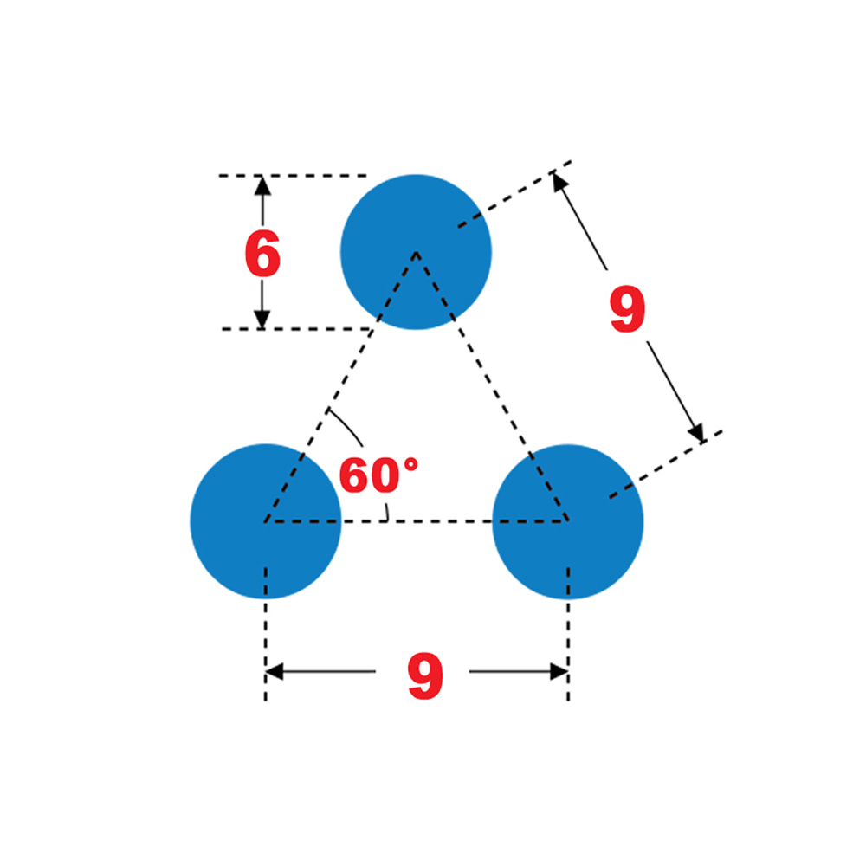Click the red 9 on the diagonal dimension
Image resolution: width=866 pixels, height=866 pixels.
pos(628,310)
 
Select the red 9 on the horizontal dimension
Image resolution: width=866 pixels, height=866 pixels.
pos(425,676)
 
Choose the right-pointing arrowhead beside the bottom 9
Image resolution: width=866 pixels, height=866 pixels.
pos(558,671)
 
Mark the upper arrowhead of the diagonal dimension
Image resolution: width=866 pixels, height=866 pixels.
pos(559,181)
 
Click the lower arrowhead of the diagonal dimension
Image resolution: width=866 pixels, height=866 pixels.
pos(696,432)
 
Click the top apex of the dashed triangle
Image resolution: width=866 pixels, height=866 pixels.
pos(417,252)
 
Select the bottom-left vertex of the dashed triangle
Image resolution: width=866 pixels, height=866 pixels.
pos(265,521)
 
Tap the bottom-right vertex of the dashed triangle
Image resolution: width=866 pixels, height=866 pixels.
pos(567,521)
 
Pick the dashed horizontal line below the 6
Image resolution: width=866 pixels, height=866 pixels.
pos(294,329)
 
